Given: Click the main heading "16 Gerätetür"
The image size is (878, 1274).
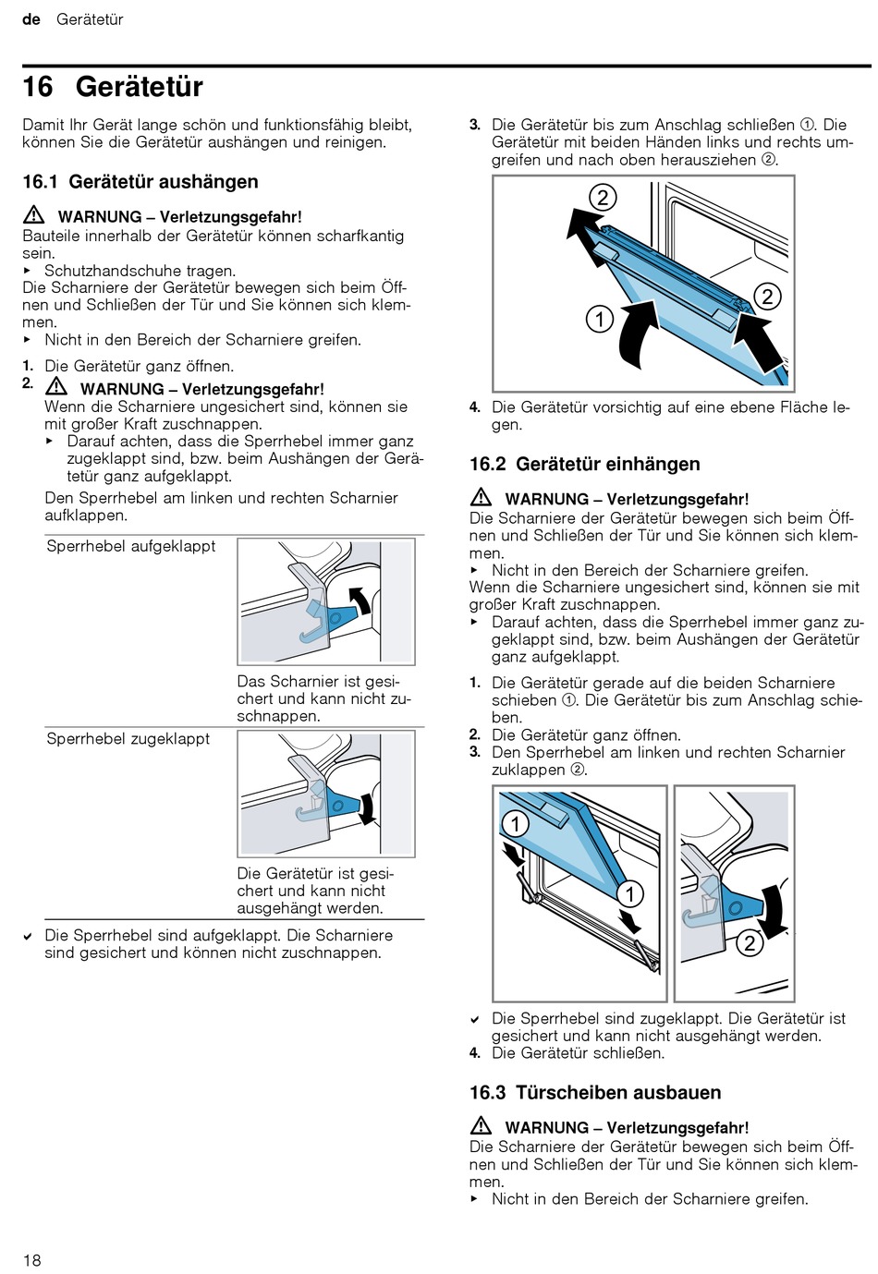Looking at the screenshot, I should click(113, 87).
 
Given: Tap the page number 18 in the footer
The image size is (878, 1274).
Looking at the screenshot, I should click(32, 1260).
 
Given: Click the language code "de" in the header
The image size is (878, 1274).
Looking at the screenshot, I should click(31, 19).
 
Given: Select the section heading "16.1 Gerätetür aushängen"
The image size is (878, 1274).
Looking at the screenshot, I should click(140, 182).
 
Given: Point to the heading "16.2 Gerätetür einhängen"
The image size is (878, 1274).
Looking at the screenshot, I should click(584, 464).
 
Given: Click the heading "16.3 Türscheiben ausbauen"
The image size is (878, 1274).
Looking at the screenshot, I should click(594, 1093).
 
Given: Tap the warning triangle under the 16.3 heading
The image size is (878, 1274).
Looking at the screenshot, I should click(481, 1126).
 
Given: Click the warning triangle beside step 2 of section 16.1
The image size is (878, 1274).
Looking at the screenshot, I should click(56, 387).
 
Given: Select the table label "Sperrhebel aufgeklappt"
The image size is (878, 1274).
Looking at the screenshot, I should click(130, 546).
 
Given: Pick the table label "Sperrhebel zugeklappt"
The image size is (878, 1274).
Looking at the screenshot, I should click(128, 739).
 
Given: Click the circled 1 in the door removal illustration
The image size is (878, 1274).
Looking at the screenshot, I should click(600, 320).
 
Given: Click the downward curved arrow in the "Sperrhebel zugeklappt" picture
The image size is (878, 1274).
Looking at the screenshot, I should click(367, 807).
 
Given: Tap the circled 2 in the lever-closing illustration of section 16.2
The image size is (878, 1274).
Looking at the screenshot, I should click(749, 943).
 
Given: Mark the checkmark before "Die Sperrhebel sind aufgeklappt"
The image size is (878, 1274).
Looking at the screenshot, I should click(29, 937).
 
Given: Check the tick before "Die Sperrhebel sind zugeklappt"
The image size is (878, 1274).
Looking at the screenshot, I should click(475, 1020).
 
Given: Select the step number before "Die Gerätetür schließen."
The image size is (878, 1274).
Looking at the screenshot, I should click(474, 1053).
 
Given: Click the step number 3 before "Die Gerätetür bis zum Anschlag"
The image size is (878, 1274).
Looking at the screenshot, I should click(475, 125).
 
